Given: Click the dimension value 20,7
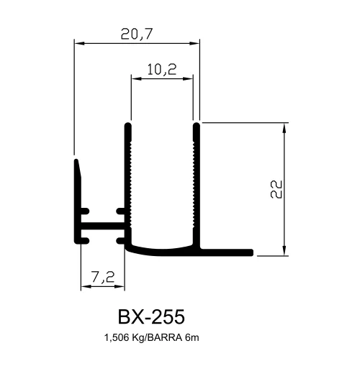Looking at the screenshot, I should [137, 34].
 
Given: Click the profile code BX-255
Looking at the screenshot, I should [151, 316].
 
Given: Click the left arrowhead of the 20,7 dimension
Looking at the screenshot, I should [79, 44].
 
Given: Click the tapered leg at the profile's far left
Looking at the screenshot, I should [77, 201].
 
